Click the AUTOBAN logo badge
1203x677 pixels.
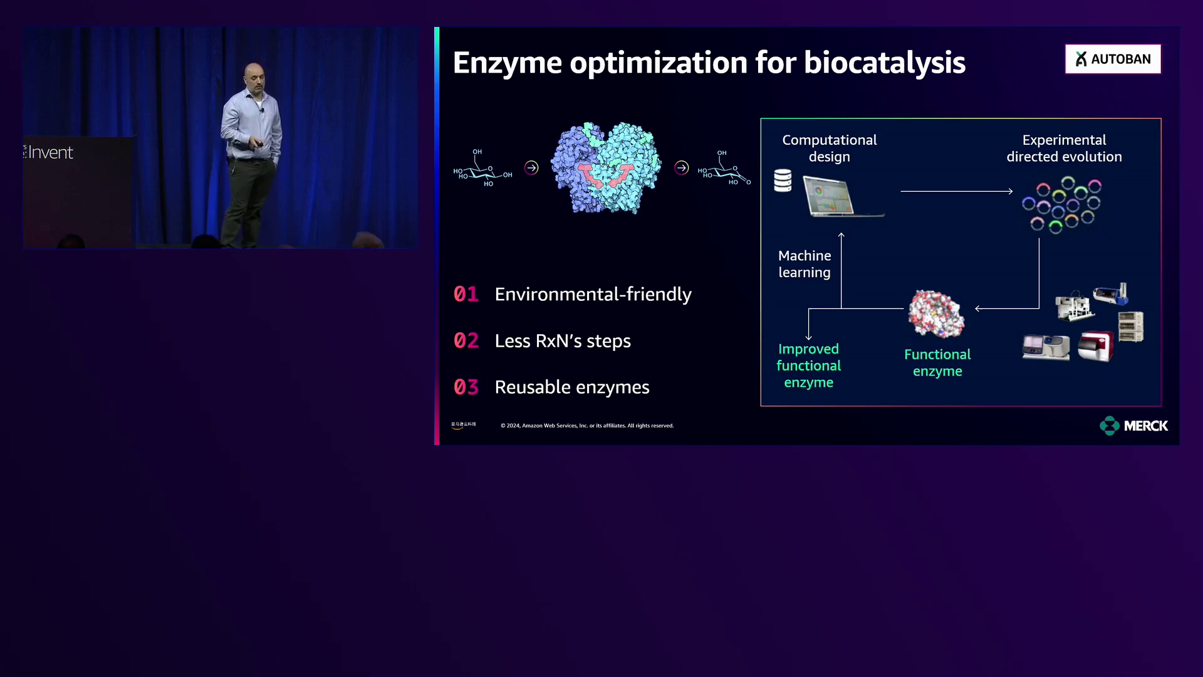(1113, 59)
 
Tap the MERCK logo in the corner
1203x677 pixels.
(1133, 426)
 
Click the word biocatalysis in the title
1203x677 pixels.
(884, 63)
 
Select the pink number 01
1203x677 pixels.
(466, 294)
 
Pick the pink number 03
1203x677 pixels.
(466, 387)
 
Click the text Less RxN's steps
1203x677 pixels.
(562, 341)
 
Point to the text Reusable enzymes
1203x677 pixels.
(571, 387)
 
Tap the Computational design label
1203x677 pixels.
(829, 149)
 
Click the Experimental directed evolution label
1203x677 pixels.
(1064, 149)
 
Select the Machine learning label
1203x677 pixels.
(805, 264)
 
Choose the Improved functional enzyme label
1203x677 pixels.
(808, 365)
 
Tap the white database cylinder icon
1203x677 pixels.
(783, 181)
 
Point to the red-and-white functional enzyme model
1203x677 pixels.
(936, 313)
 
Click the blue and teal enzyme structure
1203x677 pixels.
(605, 167)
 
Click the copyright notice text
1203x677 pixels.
(587, 426)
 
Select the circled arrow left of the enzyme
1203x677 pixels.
(531, 167)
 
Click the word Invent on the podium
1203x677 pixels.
(50, 152)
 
